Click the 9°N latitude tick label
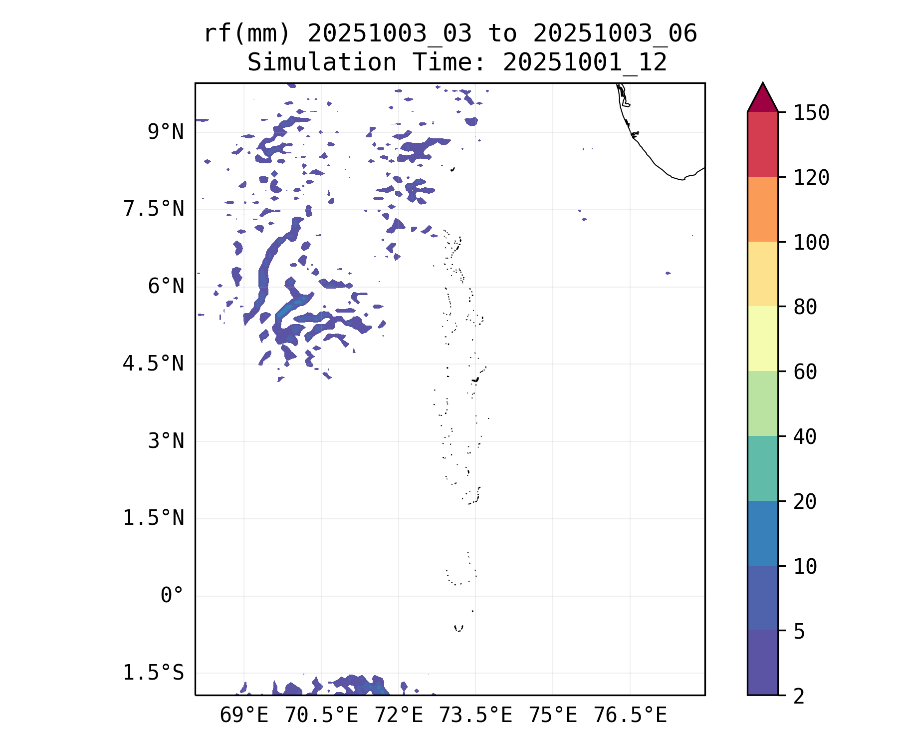click(166, 132)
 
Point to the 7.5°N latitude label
click(154, 209)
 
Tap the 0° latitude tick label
click(172, 595)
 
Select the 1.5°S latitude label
click(154, 673)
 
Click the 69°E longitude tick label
click(244, 716)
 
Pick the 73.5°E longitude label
click(475, 716)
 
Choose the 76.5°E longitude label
click(630, 716)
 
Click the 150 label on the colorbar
click(811, 113)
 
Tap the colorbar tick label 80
click(805, 307)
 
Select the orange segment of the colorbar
click(762, 209)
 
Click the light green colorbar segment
click(762, 403)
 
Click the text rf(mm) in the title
click(247, 34)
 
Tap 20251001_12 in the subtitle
click(585, 63)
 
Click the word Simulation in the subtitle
click(322, 63)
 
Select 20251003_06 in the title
click(615, 34)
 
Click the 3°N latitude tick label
click(166, 441)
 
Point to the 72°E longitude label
click(399, 716)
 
